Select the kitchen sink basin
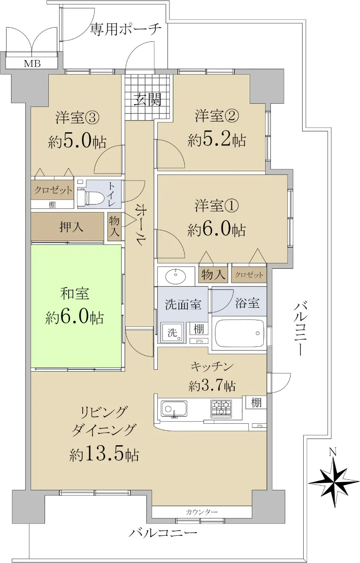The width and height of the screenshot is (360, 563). click(x=174, y=409)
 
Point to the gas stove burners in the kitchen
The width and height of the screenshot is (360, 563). click(x=221, y=407)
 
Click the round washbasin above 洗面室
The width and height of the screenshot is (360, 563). click(x=176, y=276)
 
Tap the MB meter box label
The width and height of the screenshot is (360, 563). click(x=32, y=64)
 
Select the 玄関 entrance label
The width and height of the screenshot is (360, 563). click(x=147, y=99)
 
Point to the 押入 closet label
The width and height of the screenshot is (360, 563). click(x=71, y=227)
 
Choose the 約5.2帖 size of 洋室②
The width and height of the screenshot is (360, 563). click(x=216, y=140)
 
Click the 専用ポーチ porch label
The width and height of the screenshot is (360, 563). click(x=125, y=30)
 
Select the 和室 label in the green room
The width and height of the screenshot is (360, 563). click(x=75, y=294)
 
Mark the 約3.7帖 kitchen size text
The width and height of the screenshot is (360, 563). click(x=212, y=386)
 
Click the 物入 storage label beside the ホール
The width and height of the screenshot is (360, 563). click(x=114, y=227)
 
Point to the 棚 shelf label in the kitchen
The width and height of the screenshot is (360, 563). click(x=256, y=403)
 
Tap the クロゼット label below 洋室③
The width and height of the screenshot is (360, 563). click(x=53, y=190)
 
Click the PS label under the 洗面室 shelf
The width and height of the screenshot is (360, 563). click(x=199, y=342)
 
